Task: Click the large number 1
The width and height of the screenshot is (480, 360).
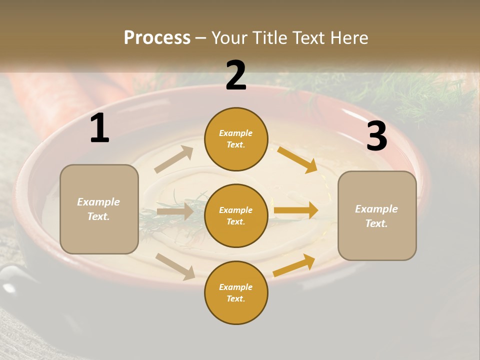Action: click(99, 128)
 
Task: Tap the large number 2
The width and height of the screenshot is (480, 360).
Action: click(236, 75)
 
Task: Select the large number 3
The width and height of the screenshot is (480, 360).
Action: click(376, 136)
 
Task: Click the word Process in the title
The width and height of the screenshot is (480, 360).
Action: click(157, 37)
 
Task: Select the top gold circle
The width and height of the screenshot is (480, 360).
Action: click(236, 139)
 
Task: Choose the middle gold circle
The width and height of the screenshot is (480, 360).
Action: click(236, 215)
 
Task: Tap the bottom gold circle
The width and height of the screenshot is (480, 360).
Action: click(236, 292)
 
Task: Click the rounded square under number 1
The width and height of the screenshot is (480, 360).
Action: click(99, 209)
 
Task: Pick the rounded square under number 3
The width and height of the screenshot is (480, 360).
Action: click(377, 215)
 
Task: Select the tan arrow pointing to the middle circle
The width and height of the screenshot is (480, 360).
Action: click(175, 211)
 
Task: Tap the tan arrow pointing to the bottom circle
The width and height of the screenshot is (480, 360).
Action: click(175, 266)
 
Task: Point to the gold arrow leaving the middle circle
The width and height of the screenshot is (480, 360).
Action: click(296, 210)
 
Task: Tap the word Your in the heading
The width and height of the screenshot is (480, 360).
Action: click(229, 37)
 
